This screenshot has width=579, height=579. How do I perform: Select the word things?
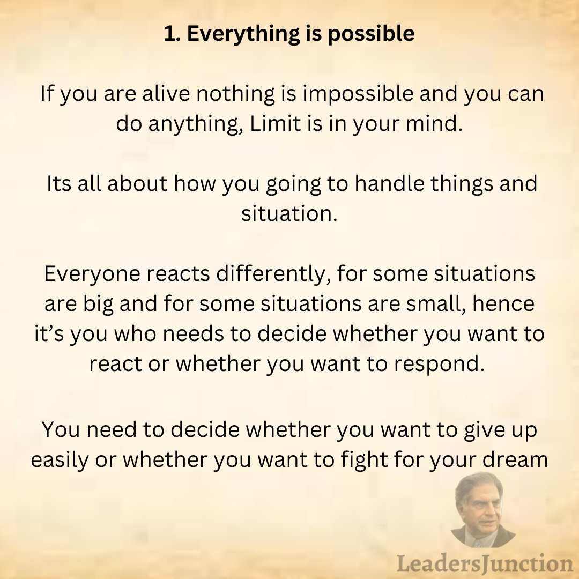click(459, 184)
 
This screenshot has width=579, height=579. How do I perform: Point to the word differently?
click(268, 274)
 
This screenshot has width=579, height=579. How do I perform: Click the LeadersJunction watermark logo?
click(484, 563)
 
